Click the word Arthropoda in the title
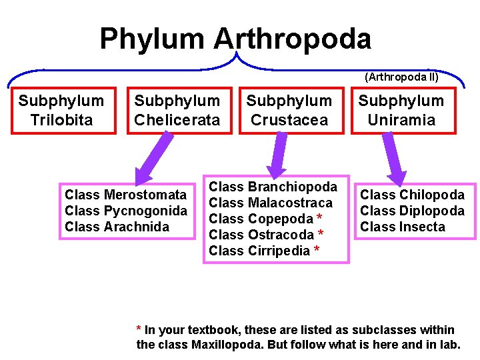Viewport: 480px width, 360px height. (x=292, y=39)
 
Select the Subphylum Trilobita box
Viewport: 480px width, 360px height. (x=61, y=111)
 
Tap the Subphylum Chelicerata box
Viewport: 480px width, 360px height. (x=177, y=111)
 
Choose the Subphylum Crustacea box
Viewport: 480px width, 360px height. (x=289, y=111)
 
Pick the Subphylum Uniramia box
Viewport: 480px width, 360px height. (x=401, y=111)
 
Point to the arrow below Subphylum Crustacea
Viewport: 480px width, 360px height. (x=275, y=155)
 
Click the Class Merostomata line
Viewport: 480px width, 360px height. (x=126, y=195)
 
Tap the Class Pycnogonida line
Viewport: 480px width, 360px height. (x=126, y=211)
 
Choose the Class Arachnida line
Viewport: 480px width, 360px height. (x=117, y=227)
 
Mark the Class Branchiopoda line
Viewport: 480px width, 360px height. (x=273, y=187)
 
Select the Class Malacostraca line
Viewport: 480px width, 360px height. (x=271, y=203)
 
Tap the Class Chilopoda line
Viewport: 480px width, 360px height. (x=412, y=195)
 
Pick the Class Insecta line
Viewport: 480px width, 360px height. (x=403, y=227)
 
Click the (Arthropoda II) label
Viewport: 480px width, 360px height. (x=401, y=77)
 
